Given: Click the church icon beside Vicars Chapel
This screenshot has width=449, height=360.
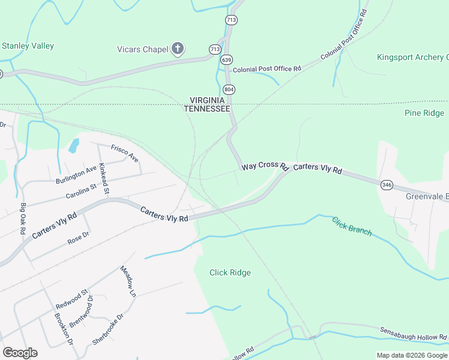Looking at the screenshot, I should (177, 49).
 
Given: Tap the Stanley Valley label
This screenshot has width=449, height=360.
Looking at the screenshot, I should (28, 46).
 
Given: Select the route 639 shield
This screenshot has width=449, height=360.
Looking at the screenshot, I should (226, 59).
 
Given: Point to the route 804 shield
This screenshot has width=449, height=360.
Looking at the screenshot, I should (231, 89).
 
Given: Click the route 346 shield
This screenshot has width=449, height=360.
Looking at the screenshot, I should (386, 185).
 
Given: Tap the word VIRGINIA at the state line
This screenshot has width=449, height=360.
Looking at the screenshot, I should (206, 100).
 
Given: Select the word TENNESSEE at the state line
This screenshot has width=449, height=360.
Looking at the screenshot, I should (206, 109).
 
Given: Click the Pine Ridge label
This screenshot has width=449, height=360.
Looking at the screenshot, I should (424, 113).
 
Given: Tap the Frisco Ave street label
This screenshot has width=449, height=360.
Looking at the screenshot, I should (124, 152).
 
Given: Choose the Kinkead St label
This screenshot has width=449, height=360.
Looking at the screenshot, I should (104, 178).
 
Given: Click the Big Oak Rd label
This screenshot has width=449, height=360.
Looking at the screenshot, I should (23, 218).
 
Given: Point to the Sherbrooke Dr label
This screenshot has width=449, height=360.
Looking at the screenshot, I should (108, 328).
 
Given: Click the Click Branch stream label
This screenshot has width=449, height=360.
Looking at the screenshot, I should (352, 226).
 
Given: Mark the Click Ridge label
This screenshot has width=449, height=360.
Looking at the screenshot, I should (230, 272).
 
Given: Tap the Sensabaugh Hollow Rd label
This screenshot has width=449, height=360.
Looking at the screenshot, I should (414, 334).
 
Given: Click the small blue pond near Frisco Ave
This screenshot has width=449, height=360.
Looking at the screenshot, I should (74, 145).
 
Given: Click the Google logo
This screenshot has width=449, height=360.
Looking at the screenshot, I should (20, 353).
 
